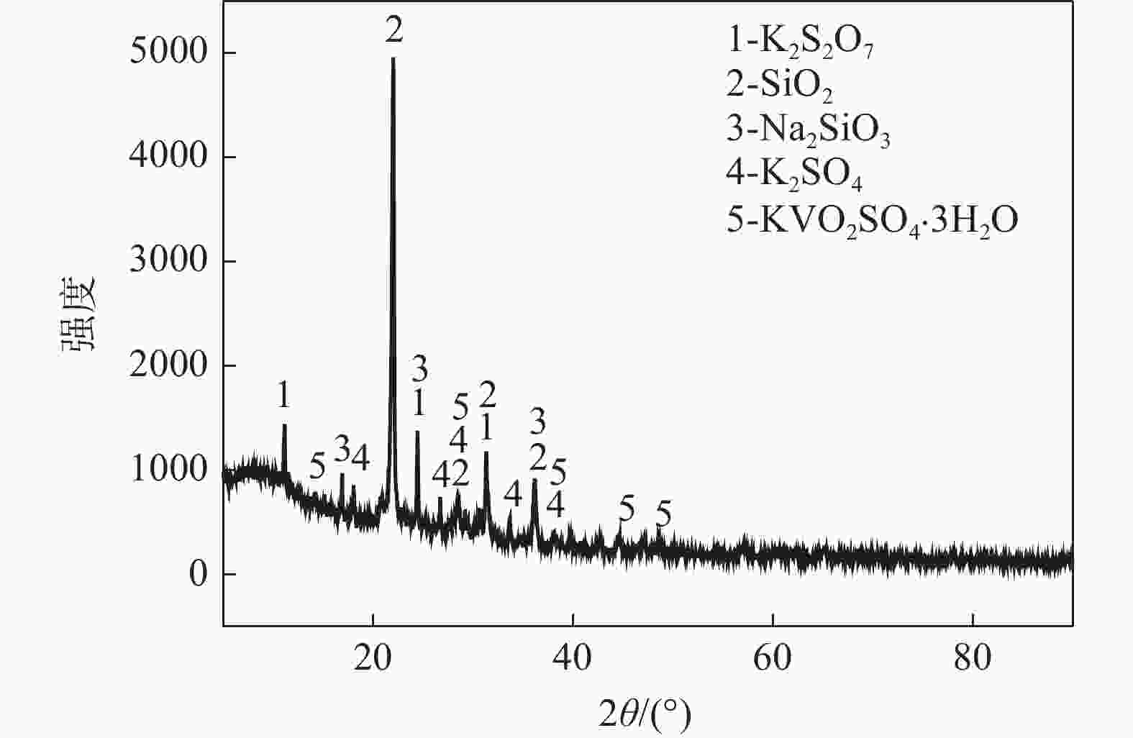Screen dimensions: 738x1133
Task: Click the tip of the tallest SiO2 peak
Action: point(393,59)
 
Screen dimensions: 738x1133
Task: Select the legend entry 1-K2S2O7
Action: point(800,45)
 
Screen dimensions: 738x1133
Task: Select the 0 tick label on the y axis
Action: point(198,574)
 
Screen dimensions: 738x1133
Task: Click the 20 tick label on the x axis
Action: point(373,658)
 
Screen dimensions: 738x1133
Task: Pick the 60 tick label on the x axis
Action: point(773,658)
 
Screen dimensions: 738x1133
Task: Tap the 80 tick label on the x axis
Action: point(973,658)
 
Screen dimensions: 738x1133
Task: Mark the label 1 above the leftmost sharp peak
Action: point(284,395)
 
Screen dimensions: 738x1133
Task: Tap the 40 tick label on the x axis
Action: point(573,658)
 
